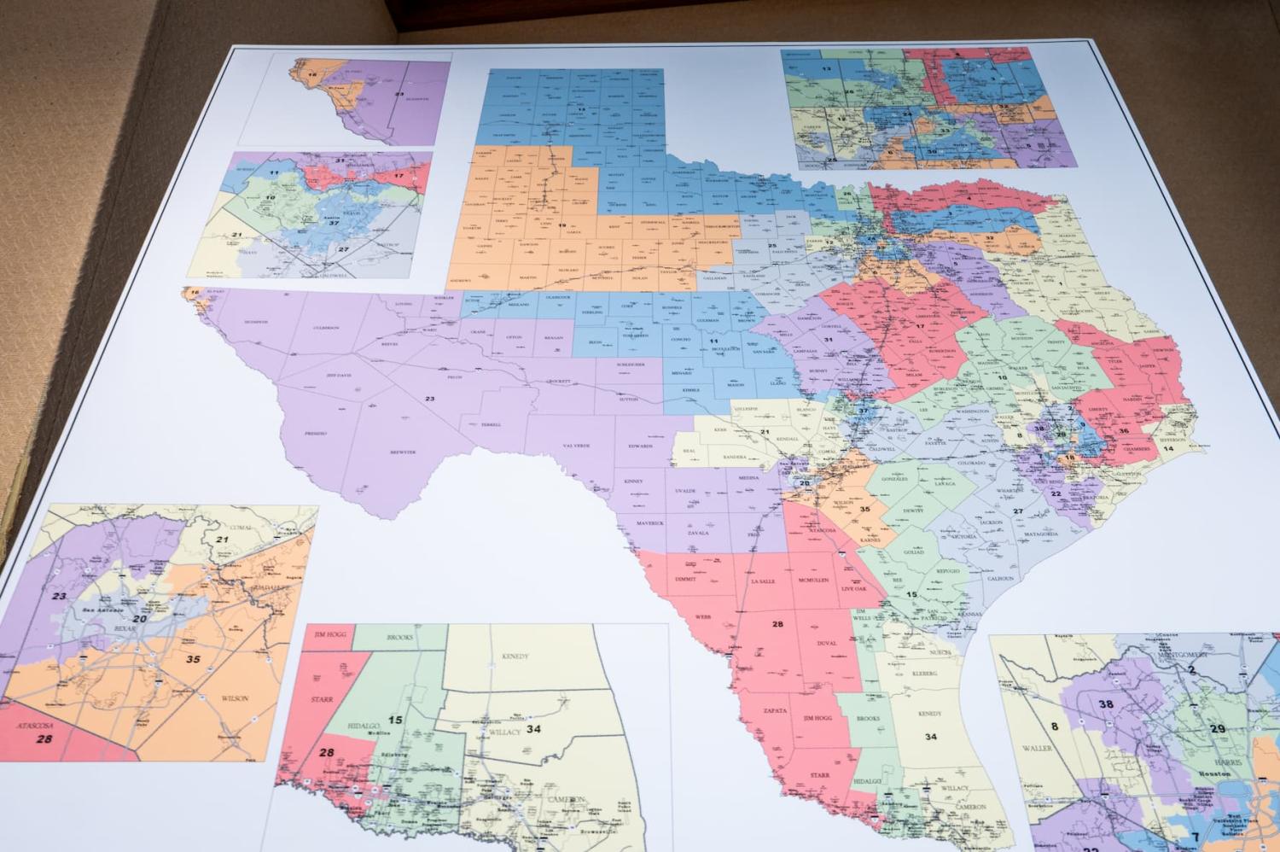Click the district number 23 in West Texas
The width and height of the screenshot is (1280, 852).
(430, 399)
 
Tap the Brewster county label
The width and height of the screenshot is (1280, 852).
(403, 452)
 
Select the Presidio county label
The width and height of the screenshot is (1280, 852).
(315, 434)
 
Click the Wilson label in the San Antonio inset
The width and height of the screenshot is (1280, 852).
(235, 698)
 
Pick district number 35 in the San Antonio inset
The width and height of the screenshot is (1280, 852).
(194, 658)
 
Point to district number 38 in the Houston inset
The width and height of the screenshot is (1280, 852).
(1107, 704)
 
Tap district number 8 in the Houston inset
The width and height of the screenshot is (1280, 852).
(1055, 727)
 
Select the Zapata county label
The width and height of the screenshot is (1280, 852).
(775, 709)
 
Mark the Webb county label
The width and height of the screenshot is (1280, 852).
(703, 616)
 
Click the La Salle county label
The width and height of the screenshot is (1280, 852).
(762, 581)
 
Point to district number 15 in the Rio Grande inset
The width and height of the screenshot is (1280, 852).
(395, 720)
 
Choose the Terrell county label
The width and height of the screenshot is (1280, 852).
(490, 424)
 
